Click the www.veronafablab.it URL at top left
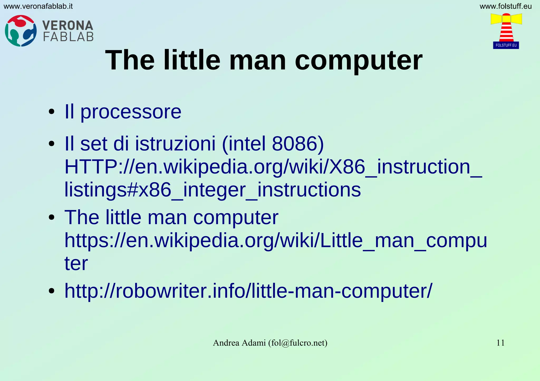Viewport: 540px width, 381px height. pos(38,6)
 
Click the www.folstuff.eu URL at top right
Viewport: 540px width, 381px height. pos(505,6)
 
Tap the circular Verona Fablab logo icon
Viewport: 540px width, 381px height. pos(21,31)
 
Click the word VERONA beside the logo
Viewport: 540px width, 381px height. pos(68,26)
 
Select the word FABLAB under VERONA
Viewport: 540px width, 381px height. pos(68,37)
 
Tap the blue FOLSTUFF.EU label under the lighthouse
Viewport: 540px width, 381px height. pos(506,45)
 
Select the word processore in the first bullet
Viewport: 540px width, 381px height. pos(131,112)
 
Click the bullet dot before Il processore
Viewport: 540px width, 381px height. pos(52,112)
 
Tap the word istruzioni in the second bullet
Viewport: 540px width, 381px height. pos(175,144)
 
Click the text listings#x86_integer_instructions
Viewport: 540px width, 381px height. pos(213,190)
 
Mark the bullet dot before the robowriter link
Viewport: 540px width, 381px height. pos(52,291)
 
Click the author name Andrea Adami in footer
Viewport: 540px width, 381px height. pos(239,343)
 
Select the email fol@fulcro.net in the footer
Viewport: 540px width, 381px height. pos(298,343)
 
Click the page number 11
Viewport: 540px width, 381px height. pos(500,343)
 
